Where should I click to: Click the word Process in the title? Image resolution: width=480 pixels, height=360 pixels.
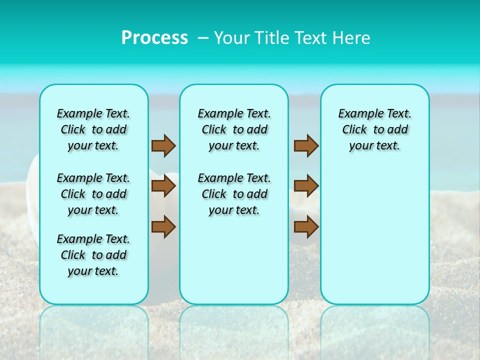point(154,37)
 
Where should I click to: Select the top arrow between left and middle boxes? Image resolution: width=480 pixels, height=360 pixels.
point(163,146)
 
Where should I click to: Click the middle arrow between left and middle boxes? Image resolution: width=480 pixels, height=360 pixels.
point(163,186)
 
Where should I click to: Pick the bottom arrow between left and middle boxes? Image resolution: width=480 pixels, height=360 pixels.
point(163,226)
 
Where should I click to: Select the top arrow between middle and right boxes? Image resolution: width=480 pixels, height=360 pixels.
point(306,146)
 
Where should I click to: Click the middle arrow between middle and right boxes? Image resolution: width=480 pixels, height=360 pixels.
point(306,186)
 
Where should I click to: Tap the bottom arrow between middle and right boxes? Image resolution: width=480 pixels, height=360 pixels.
point(306,226)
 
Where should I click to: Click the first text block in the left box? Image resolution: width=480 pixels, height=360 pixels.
point(93,129)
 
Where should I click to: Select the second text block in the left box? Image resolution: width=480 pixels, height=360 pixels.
point(93,194)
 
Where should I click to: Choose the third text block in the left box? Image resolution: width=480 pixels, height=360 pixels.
point(93,255)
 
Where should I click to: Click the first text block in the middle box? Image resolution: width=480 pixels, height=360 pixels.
point(234,129)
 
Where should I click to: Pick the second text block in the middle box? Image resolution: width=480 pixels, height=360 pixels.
point(234,194)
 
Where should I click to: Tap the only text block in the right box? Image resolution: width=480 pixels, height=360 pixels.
point(374,129)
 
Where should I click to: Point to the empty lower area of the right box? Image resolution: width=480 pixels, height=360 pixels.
point(374,235)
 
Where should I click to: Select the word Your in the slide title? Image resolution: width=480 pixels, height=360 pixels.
point(231,38)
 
